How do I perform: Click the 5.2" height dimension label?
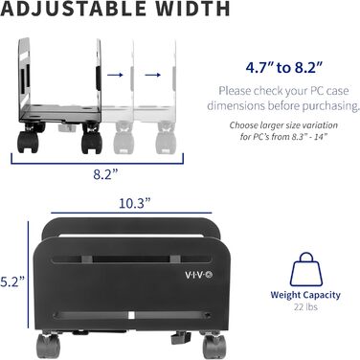11,282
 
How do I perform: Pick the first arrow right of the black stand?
113,72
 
